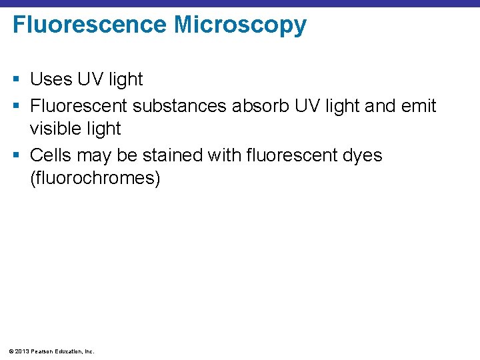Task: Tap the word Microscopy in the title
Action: coord(241,25)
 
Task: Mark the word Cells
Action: coord(51,155)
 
